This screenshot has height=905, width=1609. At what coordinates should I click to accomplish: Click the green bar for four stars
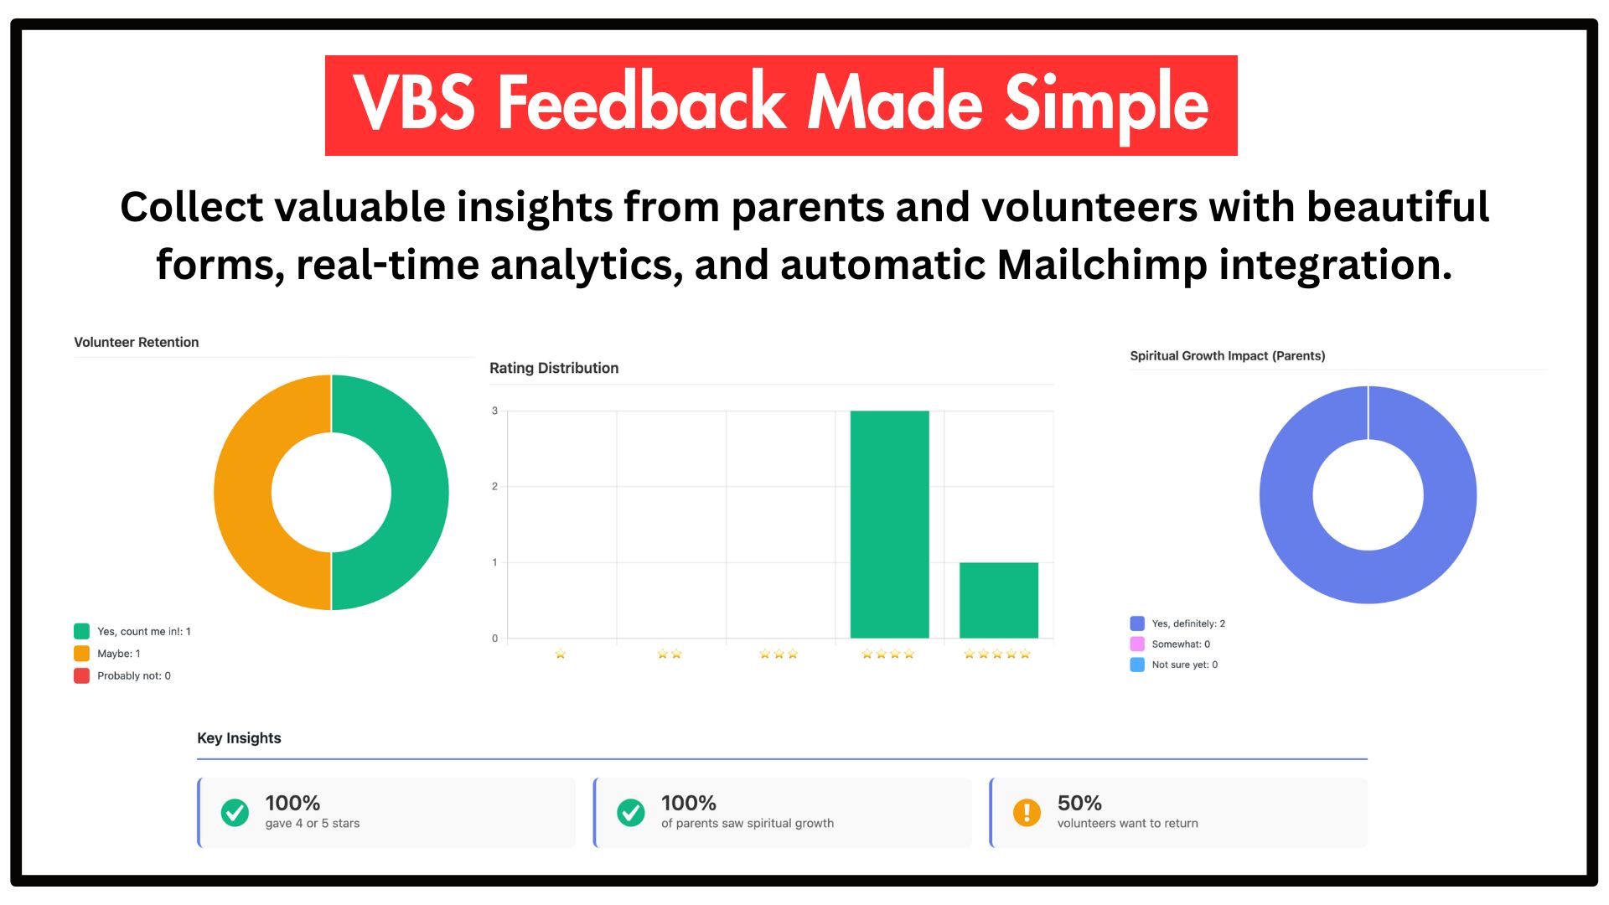(889, 524)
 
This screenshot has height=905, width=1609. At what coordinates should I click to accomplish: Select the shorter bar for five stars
(998, 600)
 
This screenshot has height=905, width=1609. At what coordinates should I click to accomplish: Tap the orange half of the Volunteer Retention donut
(243, 493)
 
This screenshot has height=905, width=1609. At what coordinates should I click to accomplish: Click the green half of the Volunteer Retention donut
(419, 493)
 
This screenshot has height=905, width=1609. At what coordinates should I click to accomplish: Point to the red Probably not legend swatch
(81, 675)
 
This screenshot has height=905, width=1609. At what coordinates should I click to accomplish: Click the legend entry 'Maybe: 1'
(118, 654)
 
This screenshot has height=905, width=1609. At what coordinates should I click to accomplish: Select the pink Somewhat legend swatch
(1137, 644)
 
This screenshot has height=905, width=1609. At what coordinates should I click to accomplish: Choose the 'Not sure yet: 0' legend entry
(1183, 665)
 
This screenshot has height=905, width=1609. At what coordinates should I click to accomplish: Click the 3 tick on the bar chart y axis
(494, 411)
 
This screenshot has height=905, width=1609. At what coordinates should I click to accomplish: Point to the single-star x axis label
(560, 654)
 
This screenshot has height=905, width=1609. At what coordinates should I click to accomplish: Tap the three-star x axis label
(779, 654)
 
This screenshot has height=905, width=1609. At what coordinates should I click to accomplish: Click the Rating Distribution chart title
(554, 368)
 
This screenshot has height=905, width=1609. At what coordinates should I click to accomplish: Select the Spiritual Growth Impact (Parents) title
(1227, 355)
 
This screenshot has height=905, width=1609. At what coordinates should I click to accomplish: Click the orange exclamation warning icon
(1027, 812)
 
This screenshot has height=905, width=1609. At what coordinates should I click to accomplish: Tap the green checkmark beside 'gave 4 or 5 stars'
(235, 812)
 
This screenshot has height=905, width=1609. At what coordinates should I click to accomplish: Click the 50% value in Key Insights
(1079, 803)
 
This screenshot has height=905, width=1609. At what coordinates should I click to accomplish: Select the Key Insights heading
(239, 738)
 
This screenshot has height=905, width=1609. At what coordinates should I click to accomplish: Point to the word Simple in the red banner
(1106, 105)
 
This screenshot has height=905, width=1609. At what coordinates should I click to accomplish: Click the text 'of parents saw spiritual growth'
(748, 824)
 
